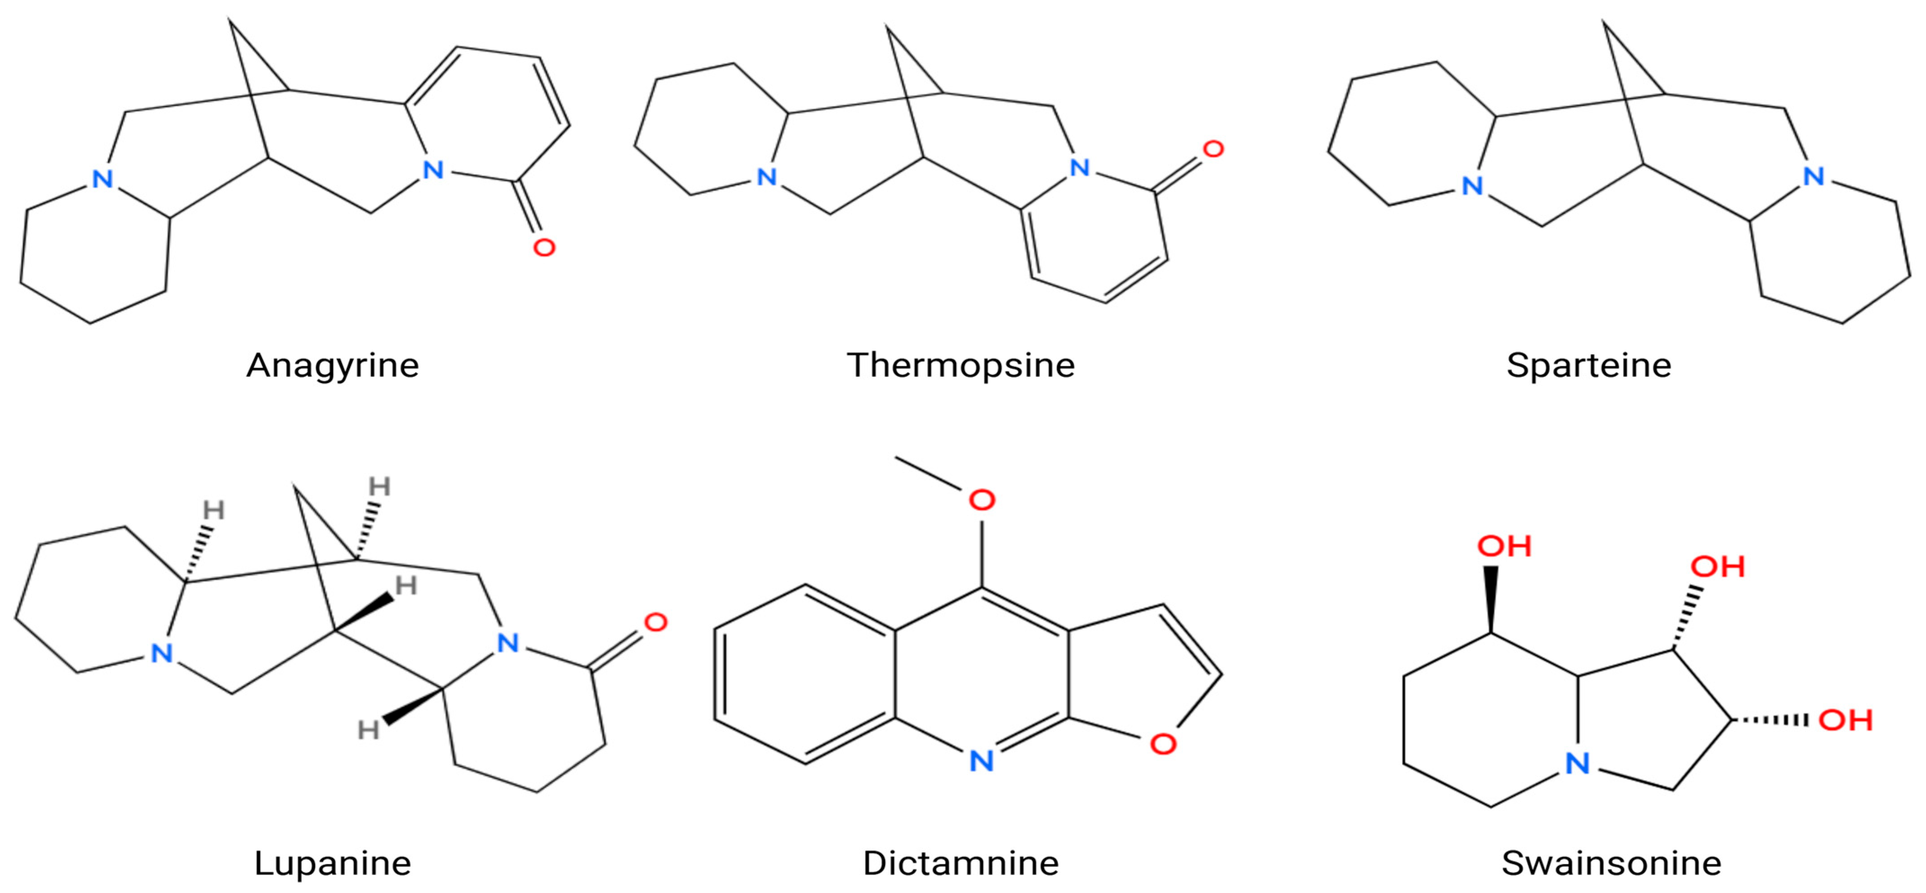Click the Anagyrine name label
click(333, 365)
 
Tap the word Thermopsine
click(961, 365)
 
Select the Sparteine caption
click(1589, 365)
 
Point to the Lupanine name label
click(333, 863)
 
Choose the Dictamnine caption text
click(961, 863)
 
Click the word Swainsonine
click(1611, 863)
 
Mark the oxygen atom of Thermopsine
click(1213, 150)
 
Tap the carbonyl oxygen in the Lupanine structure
click(656, 622)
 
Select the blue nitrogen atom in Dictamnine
click(982, 761)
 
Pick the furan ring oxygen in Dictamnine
click(1163, 743)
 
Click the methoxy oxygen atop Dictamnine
click(982, 500)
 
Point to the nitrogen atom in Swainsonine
click(1578, 763)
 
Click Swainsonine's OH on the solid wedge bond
click(1504, 546)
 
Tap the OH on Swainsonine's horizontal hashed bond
click(1845, 720)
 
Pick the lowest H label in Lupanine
click(368, 729)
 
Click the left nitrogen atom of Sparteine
click(1472, 185)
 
